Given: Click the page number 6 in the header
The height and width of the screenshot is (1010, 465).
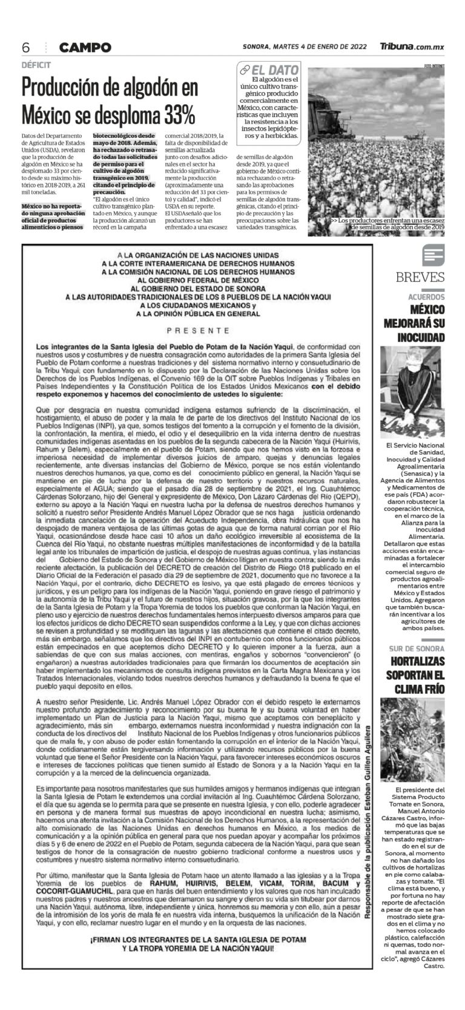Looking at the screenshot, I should pyautogui.click(x=26, y=47).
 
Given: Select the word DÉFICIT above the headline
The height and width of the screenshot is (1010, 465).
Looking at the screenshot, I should pyautogui.click(x=36, y=65).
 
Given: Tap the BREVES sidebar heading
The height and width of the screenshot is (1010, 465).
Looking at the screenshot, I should pyautogui.click(x=420, y=278).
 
